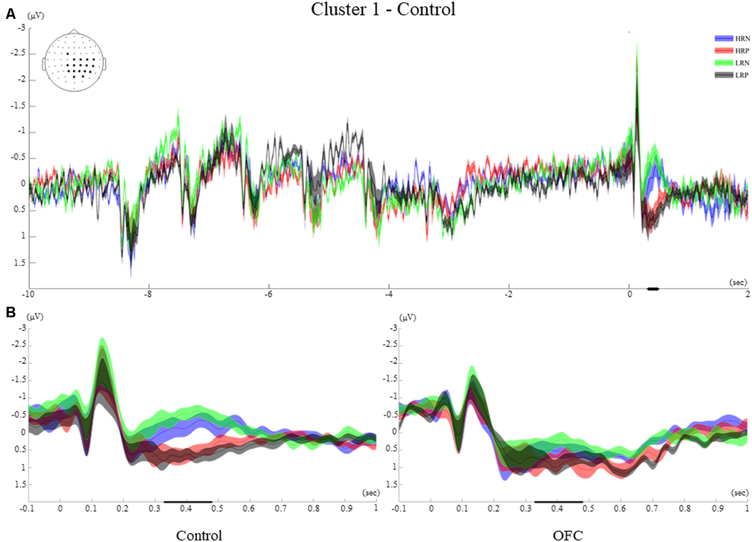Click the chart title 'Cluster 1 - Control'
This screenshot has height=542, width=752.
tap(383, 10)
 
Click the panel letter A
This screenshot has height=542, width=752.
tap(11, 14)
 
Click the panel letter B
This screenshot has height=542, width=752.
tap(11, 312)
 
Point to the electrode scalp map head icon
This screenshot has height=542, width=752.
tap(75, 61)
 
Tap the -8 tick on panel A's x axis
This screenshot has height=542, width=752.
tap(148, 294)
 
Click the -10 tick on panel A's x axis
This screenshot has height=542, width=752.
tap(29, 294)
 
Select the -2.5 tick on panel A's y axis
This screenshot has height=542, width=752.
tap(18, 54)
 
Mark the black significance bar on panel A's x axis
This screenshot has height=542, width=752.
tap(653, 289)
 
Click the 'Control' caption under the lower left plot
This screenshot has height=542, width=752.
tap(199, 535)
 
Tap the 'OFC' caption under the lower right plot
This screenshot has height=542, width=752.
tap(568, 535)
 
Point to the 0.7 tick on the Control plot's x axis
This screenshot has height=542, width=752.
tap(281, 509)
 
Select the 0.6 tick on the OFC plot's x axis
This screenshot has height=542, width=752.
tap(620, 509)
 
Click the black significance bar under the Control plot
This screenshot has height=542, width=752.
tap(187, 502)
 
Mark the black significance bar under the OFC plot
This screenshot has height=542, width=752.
tap(558, 502)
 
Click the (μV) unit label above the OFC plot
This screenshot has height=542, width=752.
tap(407, 317)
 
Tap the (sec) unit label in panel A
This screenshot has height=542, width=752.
tap(738, 282)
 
